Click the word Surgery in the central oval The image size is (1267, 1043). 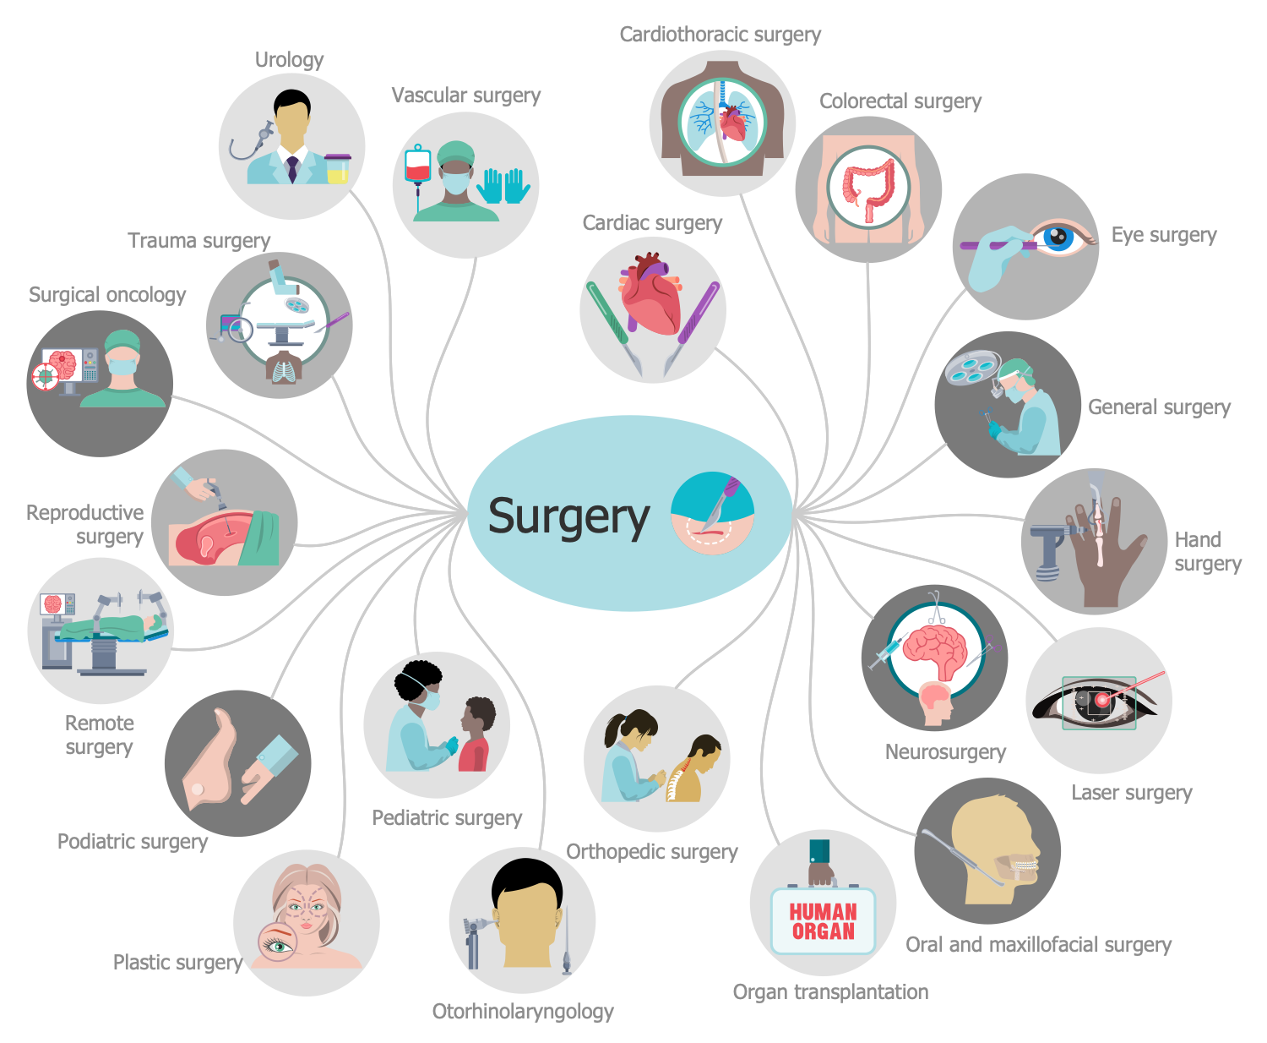[x=568, y=516]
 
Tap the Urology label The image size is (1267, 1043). [x=289, y=60]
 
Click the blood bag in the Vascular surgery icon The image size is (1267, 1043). [x=417, y=167]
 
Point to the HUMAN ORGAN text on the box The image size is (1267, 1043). [x=823, y=922]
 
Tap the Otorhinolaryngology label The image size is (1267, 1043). [x=523, y=1012]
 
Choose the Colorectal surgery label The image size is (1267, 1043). [x=900, y=101]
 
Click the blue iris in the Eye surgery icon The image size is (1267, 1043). [x=1057, y=238]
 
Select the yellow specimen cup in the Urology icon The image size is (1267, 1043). [x=337, y=169]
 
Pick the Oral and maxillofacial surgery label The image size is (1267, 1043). [x=1038, y=945]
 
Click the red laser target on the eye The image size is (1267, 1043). [x=1102, y=700]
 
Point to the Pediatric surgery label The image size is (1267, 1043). [x=447, y=818]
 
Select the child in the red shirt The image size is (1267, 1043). [x=476, y=735]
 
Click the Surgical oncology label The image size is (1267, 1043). [x=107, y=295]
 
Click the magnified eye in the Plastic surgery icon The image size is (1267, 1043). [x=277, y=944]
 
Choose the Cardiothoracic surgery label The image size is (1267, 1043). [x=720, y=35]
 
